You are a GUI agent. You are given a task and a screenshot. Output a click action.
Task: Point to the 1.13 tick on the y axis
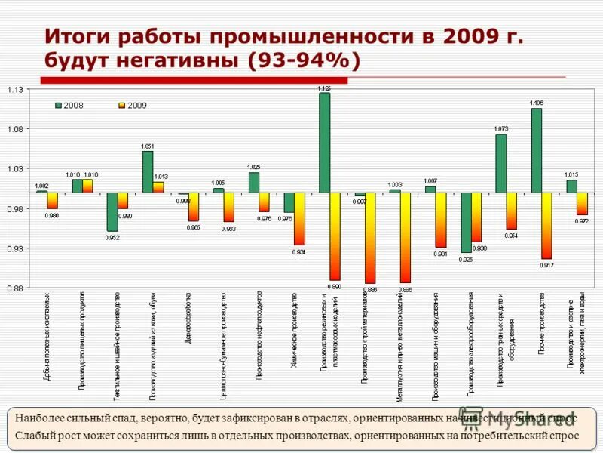[16, 90]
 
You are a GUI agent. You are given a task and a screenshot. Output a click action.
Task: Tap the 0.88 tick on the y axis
[16, 288]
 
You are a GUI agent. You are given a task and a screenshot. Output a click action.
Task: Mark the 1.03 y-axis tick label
[16, 169]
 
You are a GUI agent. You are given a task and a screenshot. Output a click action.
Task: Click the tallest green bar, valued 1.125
[324, 143]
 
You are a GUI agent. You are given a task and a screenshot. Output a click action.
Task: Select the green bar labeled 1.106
[537, 150]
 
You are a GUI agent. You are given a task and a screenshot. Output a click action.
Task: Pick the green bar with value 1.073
[501, 163]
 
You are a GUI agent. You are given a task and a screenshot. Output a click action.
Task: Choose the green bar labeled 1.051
[148, 172]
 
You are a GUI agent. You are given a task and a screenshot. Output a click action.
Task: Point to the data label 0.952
[112, 237]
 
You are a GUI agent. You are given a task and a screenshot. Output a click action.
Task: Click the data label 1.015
[571, 174]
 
